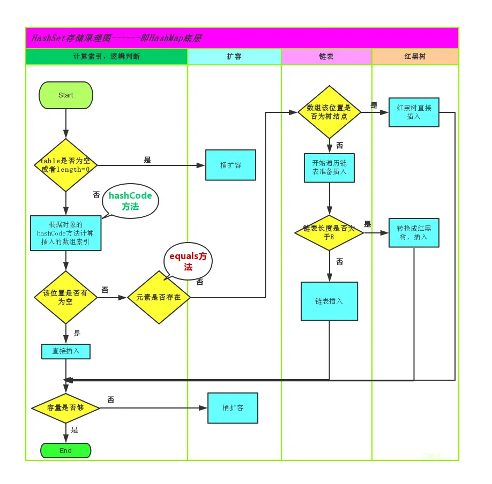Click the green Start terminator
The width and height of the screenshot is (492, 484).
coord(66,95)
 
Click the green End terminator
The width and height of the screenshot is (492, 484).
coord(65,450)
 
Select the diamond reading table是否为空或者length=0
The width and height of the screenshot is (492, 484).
coord(65,165)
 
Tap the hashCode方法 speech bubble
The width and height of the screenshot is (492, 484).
coord(130,201)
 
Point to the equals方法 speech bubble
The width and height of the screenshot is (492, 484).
coord(188,261)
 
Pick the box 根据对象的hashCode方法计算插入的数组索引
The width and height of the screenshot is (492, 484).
coord(65,233)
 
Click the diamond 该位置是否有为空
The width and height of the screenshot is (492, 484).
coord(65,297)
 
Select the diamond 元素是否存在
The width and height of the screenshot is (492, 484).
coord(159,297)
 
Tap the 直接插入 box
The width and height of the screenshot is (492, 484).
coord(66,351)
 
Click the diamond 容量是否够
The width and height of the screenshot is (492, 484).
coord(65,408)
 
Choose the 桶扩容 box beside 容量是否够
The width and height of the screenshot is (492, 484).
coord(233,408)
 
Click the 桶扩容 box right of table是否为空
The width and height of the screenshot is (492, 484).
coord(230,165)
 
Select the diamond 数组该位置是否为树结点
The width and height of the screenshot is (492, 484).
coord(329,112)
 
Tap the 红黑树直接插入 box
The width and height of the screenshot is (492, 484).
coord(414,112)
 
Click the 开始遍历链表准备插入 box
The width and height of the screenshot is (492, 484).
coord(329,168)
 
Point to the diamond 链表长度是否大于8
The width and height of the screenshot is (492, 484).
coord(329,232)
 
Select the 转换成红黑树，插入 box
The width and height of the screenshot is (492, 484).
coord(414,232)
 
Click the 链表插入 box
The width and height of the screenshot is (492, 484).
coord(329,301)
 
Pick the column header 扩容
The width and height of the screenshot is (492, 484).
coord(234,57)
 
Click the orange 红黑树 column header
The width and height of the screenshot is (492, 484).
coord(415,57)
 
